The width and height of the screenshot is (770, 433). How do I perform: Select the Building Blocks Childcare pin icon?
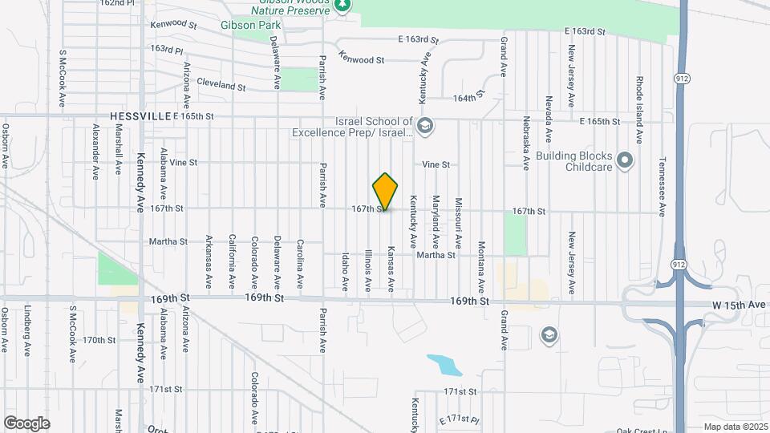(x=627, y=161)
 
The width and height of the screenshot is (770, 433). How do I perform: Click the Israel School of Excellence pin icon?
(x=425, y=125)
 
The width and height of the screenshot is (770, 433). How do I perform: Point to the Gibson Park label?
(x=249, y=24)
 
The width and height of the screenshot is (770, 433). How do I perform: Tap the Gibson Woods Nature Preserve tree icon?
(x=342, y=6)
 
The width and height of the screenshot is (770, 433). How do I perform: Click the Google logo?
(x=26, y=423)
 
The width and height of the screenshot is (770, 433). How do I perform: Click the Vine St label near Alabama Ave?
(x=183, y=162)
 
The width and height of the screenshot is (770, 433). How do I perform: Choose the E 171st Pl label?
(x=459, y=420)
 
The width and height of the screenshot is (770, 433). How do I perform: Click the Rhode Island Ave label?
(x=639, y=110)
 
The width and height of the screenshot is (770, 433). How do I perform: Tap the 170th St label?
(x=99, y=340)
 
